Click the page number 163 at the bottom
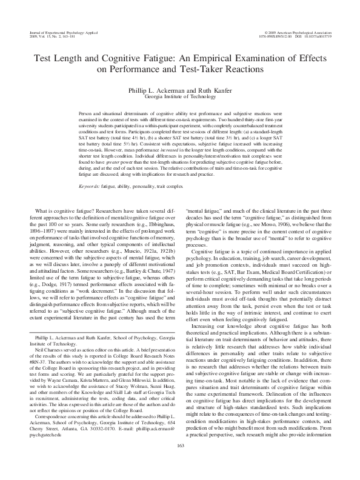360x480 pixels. (180, 464)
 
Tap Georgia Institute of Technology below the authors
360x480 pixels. (179, 96)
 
